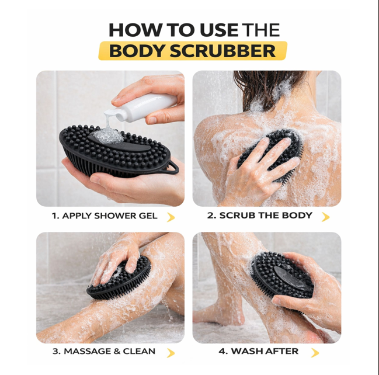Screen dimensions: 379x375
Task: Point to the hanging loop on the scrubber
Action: pyautogui.click(x=173, y=167)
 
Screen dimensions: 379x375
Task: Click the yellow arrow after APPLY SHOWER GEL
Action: pyautogui.click(x=171, y=217)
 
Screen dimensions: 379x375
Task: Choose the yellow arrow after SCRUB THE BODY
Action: pyautogui.click(x=326, y=217)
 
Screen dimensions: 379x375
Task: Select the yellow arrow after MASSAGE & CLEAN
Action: pyautogui.click(x=171, y=353)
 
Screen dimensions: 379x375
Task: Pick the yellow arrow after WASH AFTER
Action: pyautogui.click(x=315, y=353)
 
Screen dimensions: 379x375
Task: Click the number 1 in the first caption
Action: pyautogui.click(x=55, y=216)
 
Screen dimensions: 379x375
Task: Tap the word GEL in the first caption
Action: pyautogui.click(x=148, y=216)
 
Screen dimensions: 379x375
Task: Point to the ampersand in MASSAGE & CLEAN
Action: pyautogui.click(x=117, y=351)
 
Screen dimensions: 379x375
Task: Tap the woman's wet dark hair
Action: pyautogui.click(x=266, y=87)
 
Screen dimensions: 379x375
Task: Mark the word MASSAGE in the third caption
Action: pyautogui.click(x=88, y=351)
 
